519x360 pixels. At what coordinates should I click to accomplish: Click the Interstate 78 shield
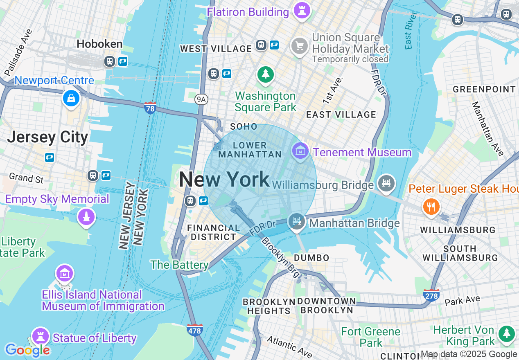(x=150, y=108)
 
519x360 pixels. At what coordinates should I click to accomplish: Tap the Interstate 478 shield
(x=194, y=329)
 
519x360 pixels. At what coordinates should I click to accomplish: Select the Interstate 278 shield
(x=431, y=295)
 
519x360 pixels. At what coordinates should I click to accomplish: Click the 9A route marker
(x=201, y=99)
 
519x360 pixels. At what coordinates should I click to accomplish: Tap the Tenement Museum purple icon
(x=300, y=151)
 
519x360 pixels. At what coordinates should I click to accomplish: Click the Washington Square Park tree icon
(x=266, y=74)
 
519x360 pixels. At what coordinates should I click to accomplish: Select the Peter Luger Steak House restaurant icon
(x=431, y=207)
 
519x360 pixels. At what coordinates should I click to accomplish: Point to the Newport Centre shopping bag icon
(x=71, y=98)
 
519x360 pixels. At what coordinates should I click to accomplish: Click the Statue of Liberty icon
(x=40, y=337)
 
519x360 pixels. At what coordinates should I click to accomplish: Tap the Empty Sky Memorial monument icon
(x=86, y=217)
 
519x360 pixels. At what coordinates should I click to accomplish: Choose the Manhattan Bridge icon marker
(x=297, y=221)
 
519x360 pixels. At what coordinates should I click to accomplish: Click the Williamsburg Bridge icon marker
(x=386, y=183)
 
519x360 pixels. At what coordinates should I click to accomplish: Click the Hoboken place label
(x=99, y=44)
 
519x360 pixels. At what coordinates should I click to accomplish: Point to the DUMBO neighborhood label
(x=311, y=258)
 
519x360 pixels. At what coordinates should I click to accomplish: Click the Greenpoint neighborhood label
(x=484, y=89)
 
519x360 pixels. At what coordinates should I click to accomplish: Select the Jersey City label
(x=47, y=137)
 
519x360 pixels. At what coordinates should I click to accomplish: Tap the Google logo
(x=27, y=350)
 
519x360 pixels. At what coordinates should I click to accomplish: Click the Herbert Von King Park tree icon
(x=507, y=333)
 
